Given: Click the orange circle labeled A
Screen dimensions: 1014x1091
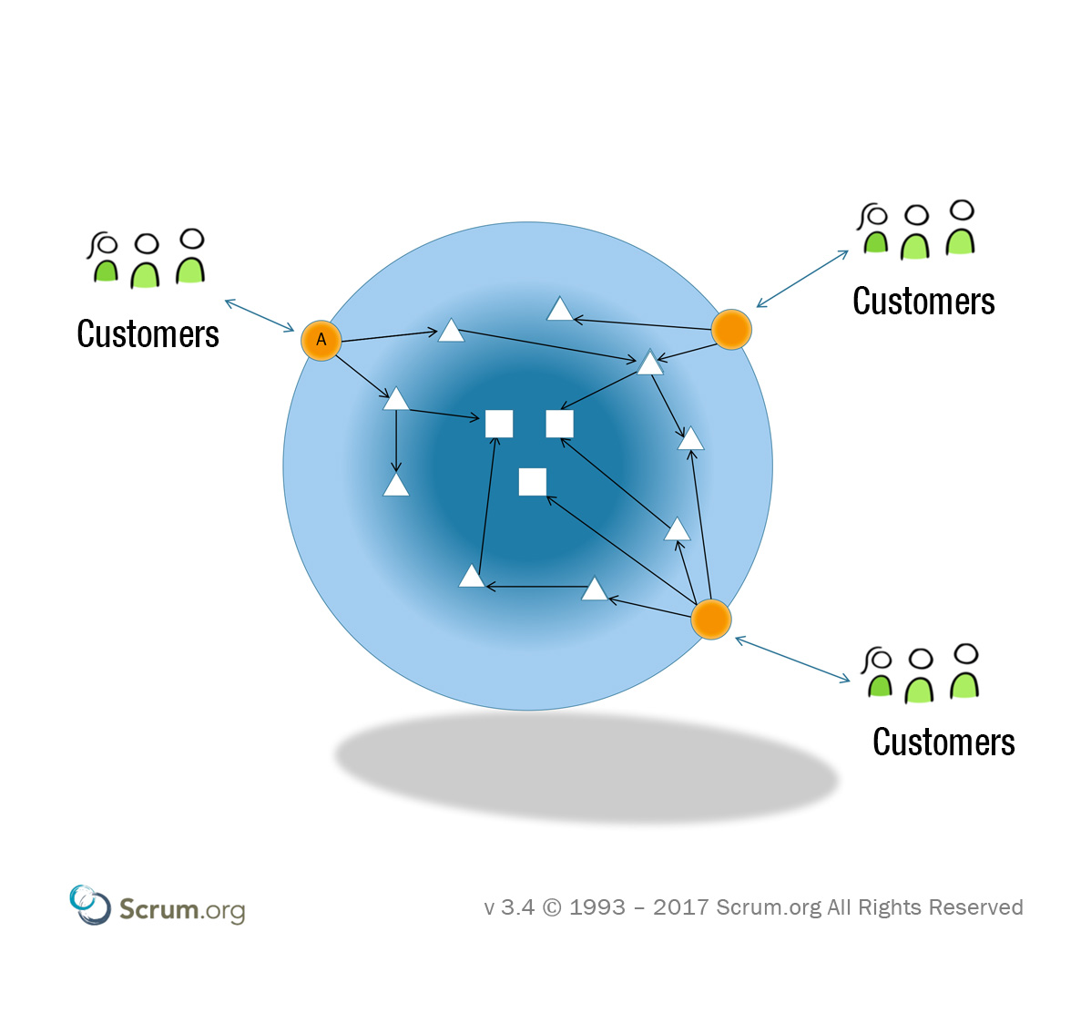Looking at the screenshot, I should point(321,341).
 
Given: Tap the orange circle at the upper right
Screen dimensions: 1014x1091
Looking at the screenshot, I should point(730,329).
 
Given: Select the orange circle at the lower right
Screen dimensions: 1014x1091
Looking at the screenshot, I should point(710,620).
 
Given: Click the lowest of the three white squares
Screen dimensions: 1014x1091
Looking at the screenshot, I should point(532,481).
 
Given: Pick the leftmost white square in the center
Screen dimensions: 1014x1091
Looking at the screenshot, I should point(499,424).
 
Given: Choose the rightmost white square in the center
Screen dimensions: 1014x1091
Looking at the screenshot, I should point(559,424).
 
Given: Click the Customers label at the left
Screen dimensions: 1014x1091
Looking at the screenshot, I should point(148,334).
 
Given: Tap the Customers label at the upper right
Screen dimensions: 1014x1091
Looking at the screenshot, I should point(923,302).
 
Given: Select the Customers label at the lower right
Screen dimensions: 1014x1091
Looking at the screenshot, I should point(943,743).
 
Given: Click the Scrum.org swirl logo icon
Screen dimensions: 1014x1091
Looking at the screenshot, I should point(88,904).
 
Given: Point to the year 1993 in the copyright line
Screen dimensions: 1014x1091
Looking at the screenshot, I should point(597,907).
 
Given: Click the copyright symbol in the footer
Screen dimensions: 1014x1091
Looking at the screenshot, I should point(552,907).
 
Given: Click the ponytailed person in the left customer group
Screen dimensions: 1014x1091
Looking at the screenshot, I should point(105,260).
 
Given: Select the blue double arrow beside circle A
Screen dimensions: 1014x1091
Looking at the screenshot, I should point(260,315).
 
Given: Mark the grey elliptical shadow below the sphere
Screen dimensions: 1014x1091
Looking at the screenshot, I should point(586,765).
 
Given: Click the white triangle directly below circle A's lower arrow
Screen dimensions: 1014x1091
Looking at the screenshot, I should point(396,399).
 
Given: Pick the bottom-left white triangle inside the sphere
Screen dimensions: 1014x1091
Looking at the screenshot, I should point(471,577).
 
